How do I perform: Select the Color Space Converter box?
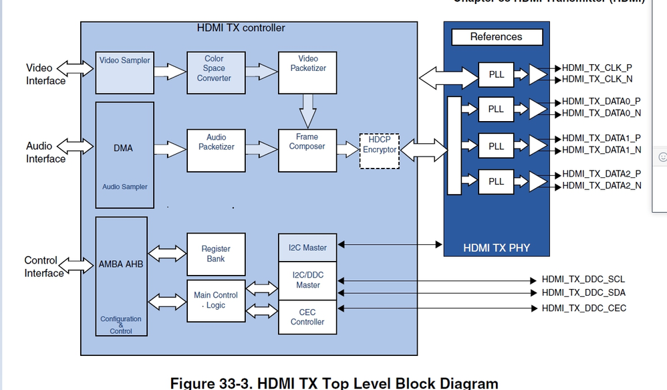click(x=214, y=69)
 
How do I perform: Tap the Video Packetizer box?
click(x=307, y=69)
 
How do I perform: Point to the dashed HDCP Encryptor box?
click(x=380, y=151)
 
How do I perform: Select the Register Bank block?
click(x=215, y=254)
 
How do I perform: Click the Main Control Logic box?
click(x=215, y=300)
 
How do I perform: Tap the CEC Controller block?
click(x=307, y=317)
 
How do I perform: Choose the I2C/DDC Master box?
click(x=307, y=280)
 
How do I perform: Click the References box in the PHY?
click(x=496, y=37)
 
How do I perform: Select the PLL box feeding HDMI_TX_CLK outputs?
click(x=496, y=74)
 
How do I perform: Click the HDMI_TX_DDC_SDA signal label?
click(x=583, y=293)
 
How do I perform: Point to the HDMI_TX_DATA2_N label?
click(x=602, y=185)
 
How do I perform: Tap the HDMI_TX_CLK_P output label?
click(x=597, y=68)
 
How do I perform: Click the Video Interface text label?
click(x=45, y=74)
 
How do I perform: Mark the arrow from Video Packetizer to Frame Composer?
click(x=307, y=110)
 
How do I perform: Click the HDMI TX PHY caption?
click(x=496, y=248)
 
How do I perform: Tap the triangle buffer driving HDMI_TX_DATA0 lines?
click(x=537, y=108)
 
